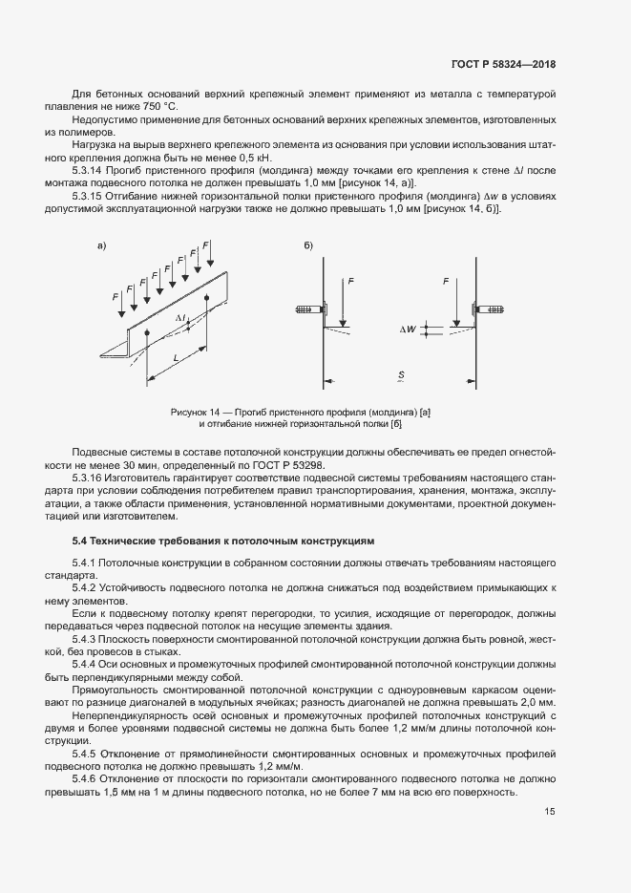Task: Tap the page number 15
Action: tap(550, 813)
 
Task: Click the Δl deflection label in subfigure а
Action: tap(180, 316)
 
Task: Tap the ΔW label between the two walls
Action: tap(408, 330)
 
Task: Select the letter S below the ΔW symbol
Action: tap(401, 375)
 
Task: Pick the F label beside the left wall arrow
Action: tap(350, 282)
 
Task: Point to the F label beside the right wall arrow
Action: tap(446, 282)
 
